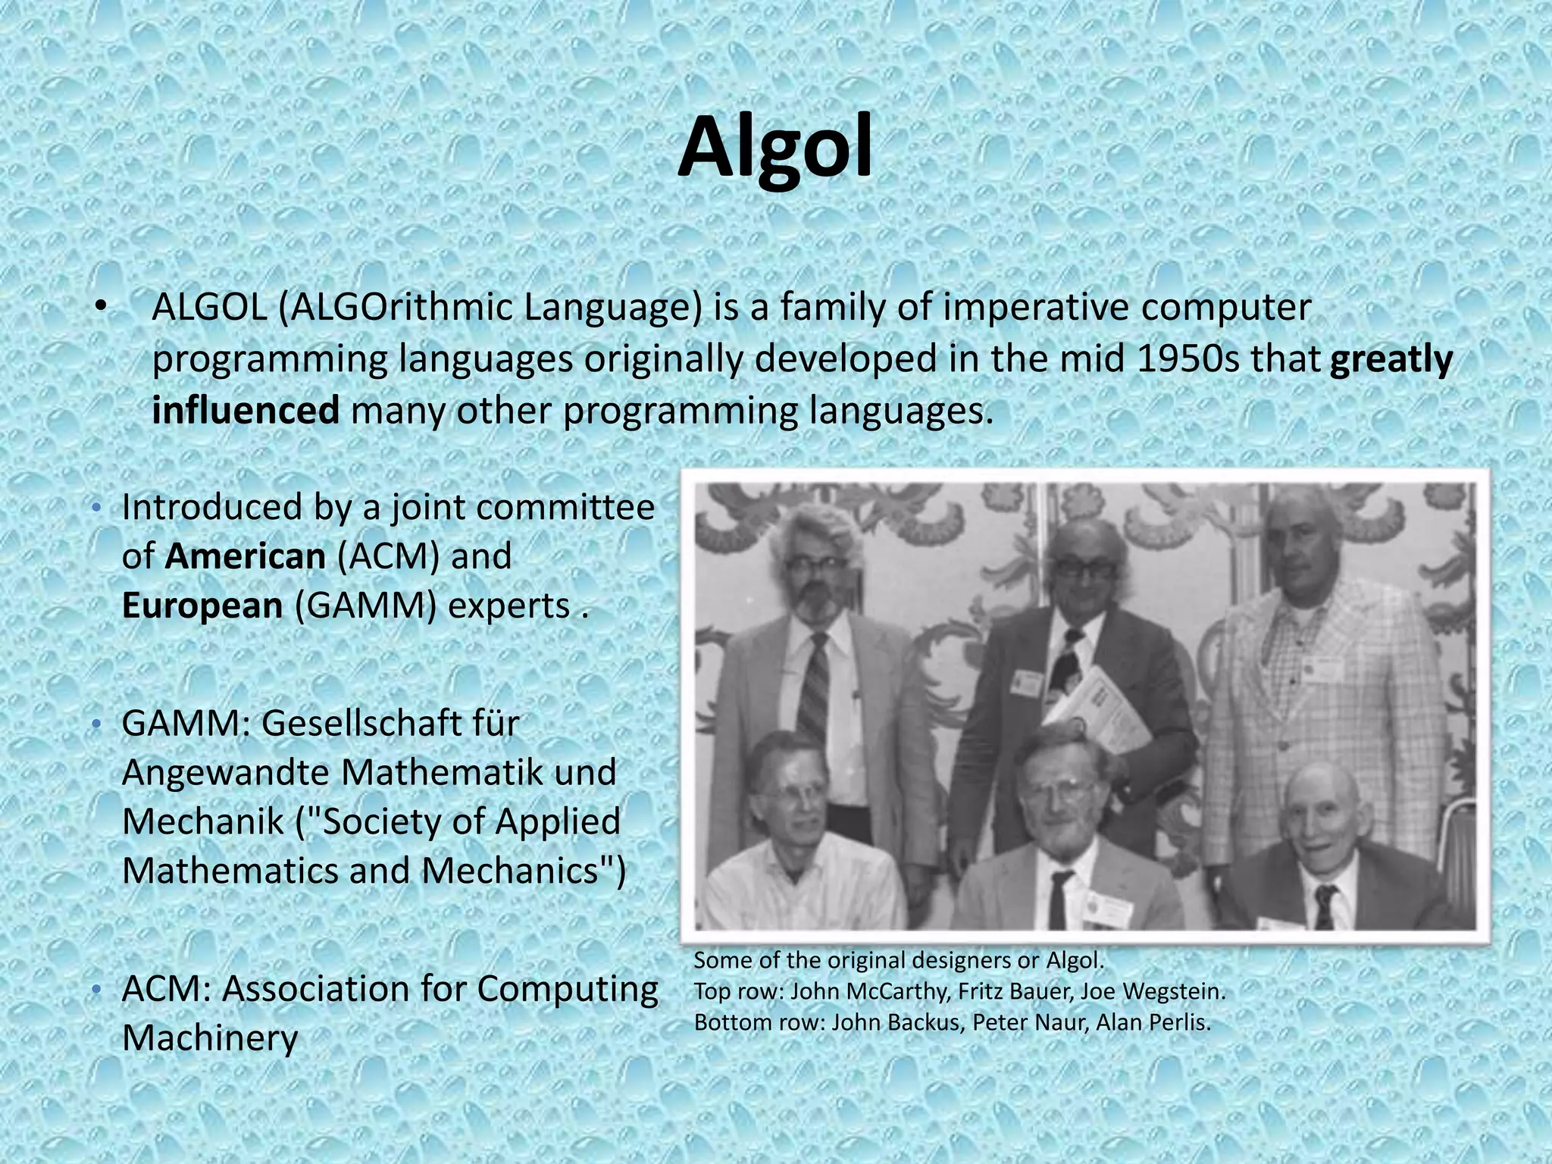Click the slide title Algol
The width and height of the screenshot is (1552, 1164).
tap(774, 149)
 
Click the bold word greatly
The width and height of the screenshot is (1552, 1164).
tap(1391, 359)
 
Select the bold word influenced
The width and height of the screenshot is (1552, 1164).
tap(246, 411)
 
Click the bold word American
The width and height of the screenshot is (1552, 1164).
tap(246, 556)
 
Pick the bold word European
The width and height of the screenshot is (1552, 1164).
tap(202, 605)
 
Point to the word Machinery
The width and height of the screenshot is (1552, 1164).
tap(210, 1038)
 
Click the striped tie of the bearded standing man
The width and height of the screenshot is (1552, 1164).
tap(815, 690)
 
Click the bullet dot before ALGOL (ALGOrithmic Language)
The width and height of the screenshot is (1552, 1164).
tap(101, 308)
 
